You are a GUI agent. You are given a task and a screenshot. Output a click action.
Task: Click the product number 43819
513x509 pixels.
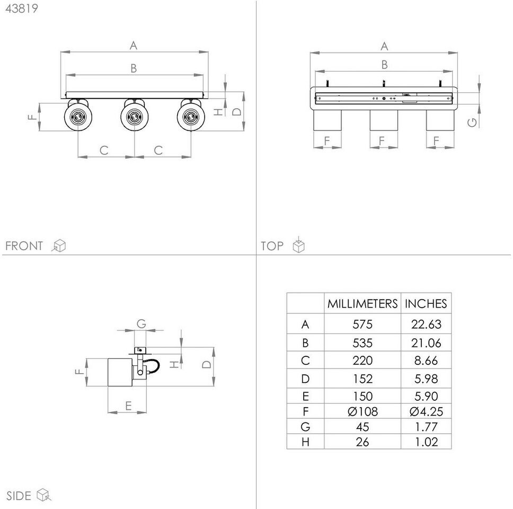tap(22, 8)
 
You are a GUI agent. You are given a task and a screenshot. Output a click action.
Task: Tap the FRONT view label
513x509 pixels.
tap(24, 246)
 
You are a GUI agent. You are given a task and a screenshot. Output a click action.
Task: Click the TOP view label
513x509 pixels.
tap(272, 246)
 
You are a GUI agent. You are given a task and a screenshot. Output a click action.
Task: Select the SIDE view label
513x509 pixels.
tap(19, 496)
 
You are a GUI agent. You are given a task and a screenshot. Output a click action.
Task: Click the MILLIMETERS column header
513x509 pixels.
tap(362, 304)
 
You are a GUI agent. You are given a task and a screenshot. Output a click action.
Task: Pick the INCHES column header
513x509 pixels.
tap(426, 304)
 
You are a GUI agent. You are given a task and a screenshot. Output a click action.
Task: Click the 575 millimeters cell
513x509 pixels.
tap(362, 324)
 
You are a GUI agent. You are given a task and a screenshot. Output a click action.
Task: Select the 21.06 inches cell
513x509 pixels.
tap(426, 343)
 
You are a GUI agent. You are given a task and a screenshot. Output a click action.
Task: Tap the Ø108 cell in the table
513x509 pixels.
tap(362, 411)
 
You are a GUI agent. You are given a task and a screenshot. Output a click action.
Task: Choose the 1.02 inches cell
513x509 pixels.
tap(426, 442)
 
